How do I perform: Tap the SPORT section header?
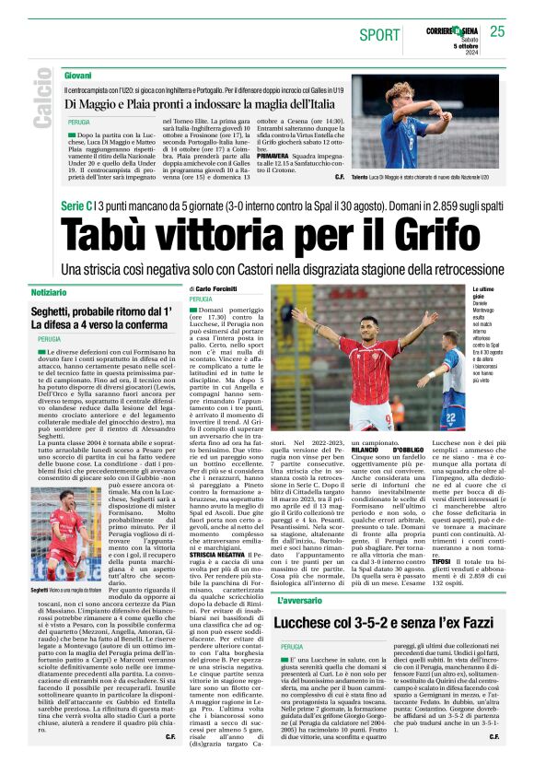tap(379, 35)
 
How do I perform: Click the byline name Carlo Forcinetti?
tap(225, 288)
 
